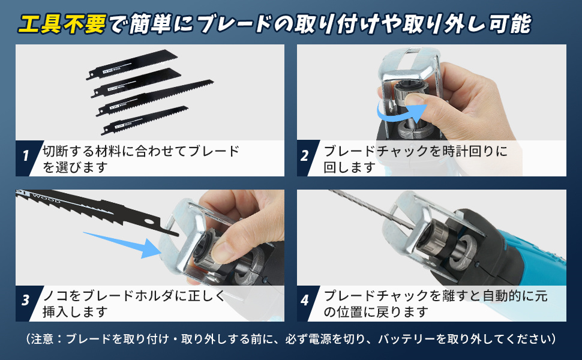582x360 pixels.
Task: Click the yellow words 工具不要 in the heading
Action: coord(62,24)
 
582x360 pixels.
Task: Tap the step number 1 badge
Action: coord(26,156)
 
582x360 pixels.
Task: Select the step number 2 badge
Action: coord(305,156)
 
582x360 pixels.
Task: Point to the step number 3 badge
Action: coord(26,300)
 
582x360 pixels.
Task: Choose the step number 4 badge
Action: coord(305,300)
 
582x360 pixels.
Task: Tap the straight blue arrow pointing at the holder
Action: coord(122,245)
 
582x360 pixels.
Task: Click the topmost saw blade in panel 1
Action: coord(132,64)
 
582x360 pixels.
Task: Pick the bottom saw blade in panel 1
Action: coord(145,120)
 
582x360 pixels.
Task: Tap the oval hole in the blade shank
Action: coord(149,221)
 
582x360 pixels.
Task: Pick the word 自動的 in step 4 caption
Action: coord(502,296)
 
